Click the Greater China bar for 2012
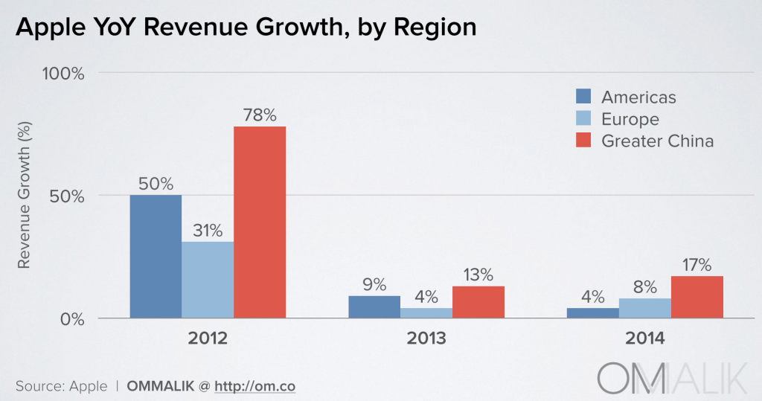coord(260,222)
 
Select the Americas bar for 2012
coord(156,257)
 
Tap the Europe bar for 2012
coord(208,280)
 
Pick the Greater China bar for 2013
coord(478,303)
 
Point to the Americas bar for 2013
coord(374,307)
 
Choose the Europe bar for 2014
coord(645,309)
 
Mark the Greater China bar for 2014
coord(697,298)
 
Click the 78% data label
coord(260,115)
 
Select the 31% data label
coord(208,231)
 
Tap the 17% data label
coord(697,265)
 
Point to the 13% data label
coord(478,275)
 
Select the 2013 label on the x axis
coord(426,339)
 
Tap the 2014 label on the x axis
coord(644,339)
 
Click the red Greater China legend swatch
coord(583,141)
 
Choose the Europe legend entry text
coord(630,119)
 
